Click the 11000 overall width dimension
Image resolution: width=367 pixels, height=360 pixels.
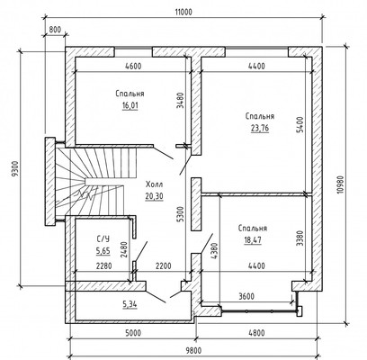[183, 12]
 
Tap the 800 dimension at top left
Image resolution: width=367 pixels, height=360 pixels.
[55, 30]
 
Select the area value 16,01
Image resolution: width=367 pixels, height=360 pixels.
[130, 106]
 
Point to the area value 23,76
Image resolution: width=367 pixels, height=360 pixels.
[260, 129]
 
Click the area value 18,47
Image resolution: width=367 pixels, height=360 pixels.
[253, 240]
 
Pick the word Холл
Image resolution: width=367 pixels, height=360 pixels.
[154, 184]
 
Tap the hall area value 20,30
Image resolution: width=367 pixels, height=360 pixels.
[154, 196]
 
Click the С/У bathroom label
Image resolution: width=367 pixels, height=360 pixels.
[103, 238]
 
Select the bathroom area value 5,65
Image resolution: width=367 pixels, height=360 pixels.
[103, 251]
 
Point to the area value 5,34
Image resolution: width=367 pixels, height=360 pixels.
[130, 305]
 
